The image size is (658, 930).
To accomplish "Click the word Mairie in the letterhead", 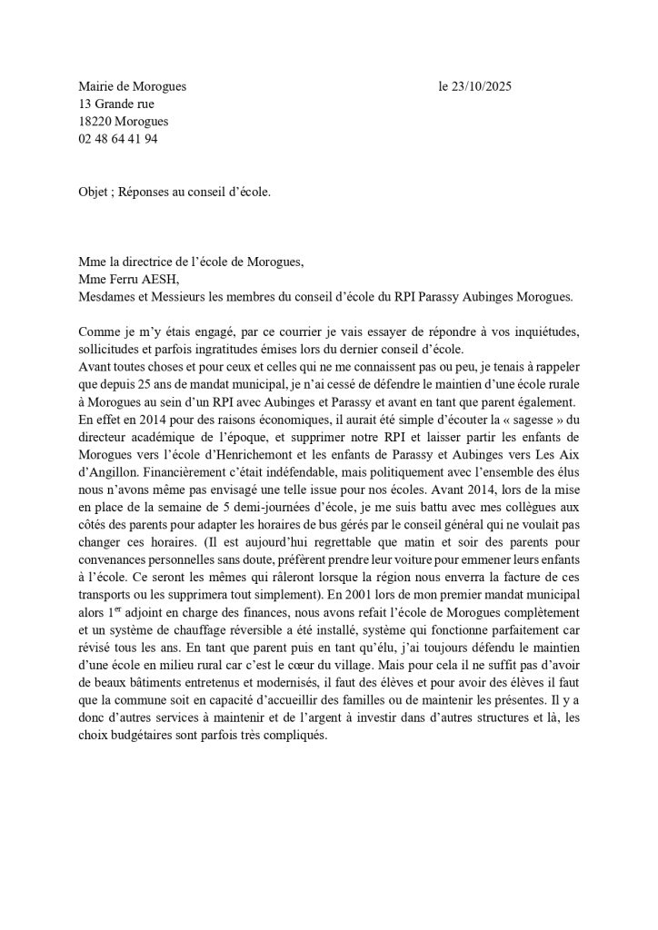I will coord(98,87).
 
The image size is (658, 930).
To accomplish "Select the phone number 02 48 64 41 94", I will coord(118,139).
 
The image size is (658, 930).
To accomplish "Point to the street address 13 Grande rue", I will coord(115,104).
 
